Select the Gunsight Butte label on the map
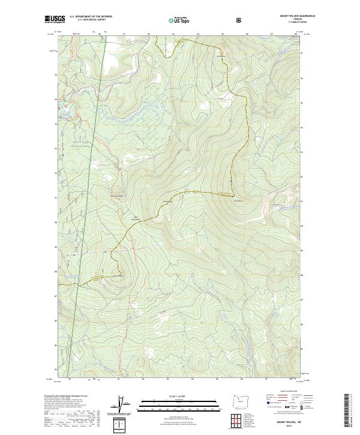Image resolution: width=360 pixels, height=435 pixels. click(x=118, y=275)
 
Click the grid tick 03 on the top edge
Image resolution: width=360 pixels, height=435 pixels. click(x=173, y=35)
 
